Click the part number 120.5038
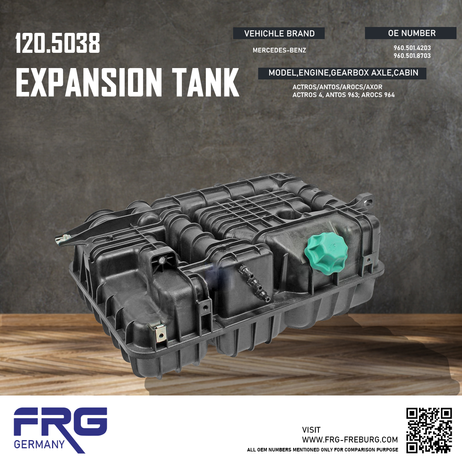click(58, 43)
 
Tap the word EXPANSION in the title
click(89, 82)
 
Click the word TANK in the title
click(206, 82)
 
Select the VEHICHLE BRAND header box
click(279, 33)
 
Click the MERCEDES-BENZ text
click(279, 50)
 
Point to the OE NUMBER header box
click(411, 33)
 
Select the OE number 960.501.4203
click(412, 48)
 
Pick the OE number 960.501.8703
click(412, 56)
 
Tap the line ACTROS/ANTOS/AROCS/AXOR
click(337, 87)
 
